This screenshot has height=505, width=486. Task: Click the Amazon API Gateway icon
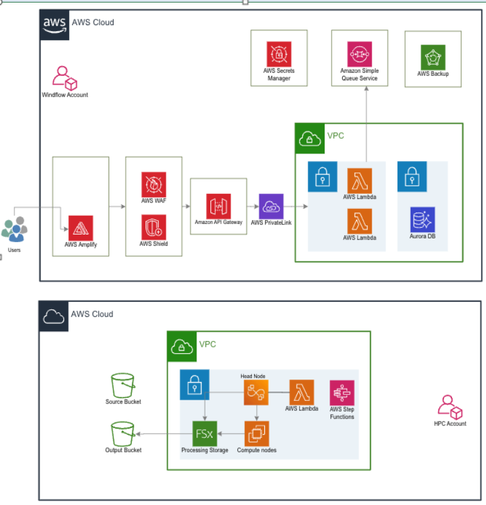click(219, 206)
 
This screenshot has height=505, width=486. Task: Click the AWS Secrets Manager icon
click(279, 54)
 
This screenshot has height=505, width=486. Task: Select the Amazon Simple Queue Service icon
click(360, 54)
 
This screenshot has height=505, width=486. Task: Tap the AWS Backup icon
click(433, 57)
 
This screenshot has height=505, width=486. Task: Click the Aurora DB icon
click(422, 219)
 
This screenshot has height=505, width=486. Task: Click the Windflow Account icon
click(64, 78)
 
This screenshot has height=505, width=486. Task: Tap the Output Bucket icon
click(123, 433)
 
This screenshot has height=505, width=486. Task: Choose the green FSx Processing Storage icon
click(204, 433)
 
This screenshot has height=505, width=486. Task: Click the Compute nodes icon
click(256, 433)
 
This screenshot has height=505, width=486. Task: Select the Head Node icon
click(256, 393)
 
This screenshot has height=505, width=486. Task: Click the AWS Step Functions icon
click(342, 393)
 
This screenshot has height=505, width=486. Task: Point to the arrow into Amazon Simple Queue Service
click(365, 92)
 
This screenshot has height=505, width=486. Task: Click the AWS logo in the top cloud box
click(54, 23)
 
